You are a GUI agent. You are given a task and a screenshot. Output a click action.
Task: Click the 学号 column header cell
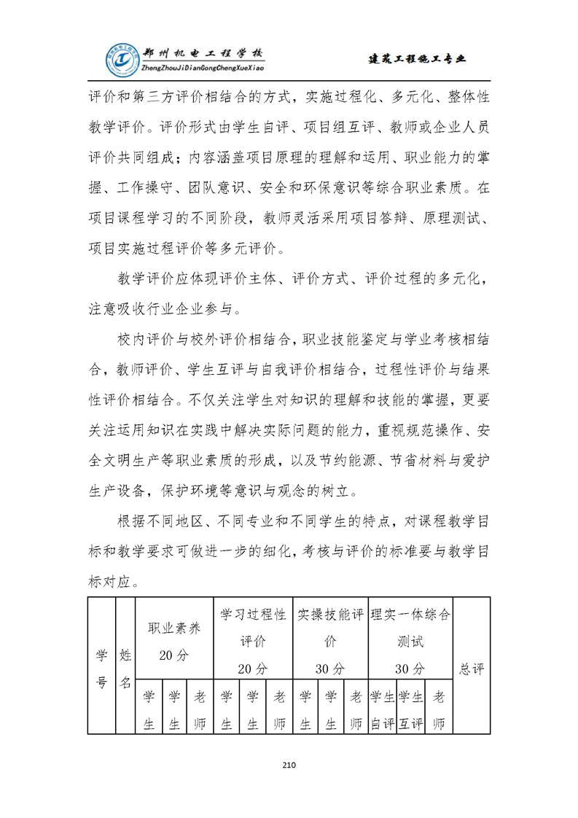coord(102,667)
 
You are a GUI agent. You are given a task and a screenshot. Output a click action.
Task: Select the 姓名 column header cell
coord(125,667)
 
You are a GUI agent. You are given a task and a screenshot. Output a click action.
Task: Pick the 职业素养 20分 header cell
coord(174,640)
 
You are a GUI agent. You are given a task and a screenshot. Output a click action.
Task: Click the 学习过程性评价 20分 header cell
coord(252,640)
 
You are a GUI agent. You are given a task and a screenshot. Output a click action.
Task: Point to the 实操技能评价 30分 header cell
coord(330,640)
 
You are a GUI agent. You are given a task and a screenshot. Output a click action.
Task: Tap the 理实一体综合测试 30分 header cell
coord(410,640)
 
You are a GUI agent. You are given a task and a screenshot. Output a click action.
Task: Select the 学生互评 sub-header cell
coord(410,709)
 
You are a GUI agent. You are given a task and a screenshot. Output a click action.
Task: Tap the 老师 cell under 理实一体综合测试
coord(438,709)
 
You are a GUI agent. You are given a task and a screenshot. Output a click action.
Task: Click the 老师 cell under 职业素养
coord(199,709)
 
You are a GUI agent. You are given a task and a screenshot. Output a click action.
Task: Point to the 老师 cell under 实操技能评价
coord(356,709)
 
